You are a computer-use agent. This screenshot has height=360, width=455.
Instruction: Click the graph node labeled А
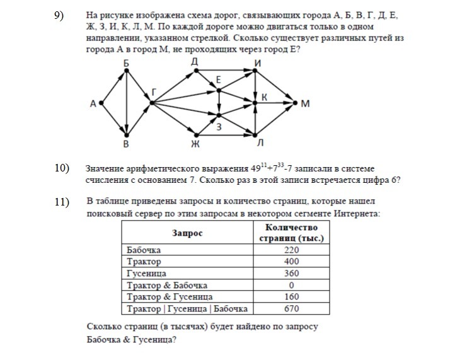[x=101, y=102]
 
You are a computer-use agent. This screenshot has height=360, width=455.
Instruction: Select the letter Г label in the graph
[x=154, y=92]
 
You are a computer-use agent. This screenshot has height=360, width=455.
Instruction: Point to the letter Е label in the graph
[x=218, y=80]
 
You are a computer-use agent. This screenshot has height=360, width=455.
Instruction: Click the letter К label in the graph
[x=264, y=96]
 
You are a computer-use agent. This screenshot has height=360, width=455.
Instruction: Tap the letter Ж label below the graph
[x=195, y=144]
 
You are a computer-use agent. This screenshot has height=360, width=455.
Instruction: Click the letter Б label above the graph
[x=127, y=62]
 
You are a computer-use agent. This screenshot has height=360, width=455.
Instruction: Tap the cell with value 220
[x=291, y=250]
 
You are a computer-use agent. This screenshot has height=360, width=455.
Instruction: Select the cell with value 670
[x=291, y=309]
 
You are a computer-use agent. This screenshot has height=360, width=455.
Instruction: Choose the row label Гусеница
[x=146, y=274]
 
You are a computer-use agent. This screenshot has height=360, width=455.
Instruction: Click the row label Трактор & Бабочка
[x=167, y=286]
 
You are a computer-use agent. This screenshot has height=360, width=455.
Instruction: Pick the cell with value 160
[x=291, y=297]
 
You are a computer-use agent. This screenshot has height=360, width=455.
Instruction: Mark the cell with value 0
[x=291, y=286]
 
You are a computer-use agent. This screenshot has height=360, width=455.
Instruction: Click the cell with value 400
[x=291, y=262]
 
